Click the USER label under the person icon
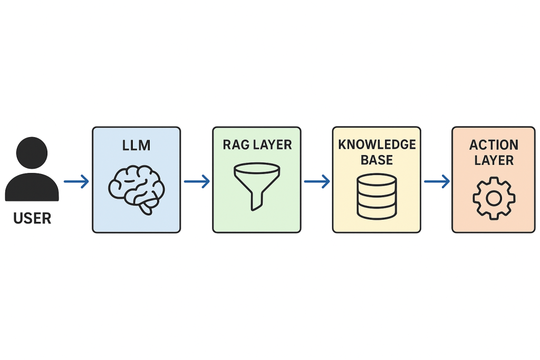[x=32, y=218]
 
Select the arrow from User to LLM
[x=76, y=182]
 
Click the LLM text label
[x=136, y=145]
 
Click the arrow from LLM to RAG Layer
[x=197, y=182]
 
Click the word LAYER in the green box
[x=272, y=145]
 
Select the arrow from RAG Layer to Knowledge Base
[x=317, y=182]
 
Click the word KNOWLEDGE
[x=377, y=144]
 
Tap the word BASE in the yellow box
[x=377, y=159]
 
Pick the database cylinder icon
[x=377, y=196]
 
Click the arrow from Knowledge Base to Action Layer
[x=437, y=182]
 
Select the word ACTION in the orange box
[x=494, y=145]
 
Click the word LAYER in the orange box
[x=494, y=160]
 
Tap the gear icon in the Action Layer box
[x=494, y=198]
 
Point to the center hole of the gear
[x=494, y=198]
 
